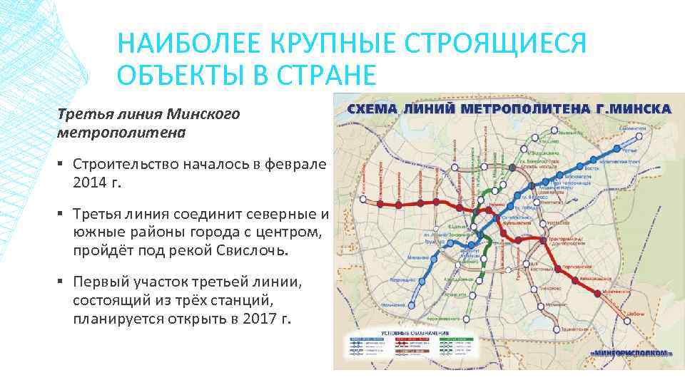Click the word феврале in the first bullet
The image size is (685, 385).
tap(296, 163)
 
